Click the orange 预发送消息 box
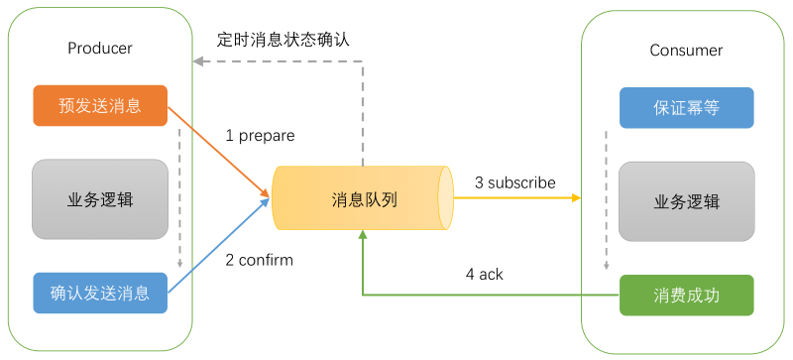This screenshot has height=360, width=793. (x=100, y=106)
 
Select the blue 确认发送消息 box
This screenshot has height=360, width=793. (x=100, y=293)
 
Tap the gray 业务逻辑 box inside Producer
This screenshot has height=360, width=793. (x=100, y=199)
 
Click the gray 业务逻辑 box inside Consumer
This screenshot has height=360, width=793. (x=686, y=202)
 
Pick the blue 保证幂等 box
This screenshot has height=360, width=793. (x=686, y=108)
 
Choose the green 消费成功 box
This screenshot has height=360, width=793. (x=686, y=296)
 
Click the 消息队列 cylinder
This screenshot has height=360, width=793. (x=363, y=199)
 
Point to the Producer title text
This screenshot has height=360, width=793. (x=100, y=49)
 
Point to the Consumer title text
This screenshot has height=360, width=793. (x=686, y=51)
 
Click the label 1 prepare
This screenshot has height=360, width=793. (x=260, y=135)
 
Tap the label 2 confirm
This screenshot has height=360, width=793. (x=260, y=260)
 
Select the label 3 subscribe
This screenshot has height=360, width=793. (x=514, y=182)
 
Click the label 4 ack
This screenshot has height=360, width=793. (x=485, y=274)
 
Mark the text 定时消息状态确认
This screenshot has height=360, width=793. (x=283, y=40)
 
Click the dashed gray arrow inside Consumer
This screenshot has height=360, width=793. (x=606, y=198)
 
